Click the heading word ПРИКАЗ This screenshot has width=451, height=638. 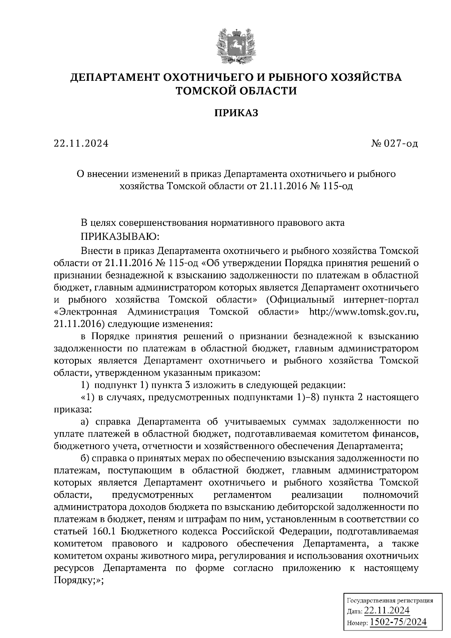pos(236,113)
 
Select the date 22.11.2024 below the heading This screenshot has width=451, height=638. pos(81,144)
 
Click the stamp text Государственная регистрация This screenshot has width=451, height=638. pos(389,600)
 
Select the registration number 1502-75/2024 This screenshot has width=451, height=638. pos(399,621)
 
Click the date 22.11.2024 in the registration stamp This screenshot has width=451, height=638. pos(387,611)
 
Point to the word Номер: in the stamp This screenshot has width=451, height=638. pos(357,623)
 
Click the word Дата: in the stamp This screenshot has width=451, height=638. pos(354,612)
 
